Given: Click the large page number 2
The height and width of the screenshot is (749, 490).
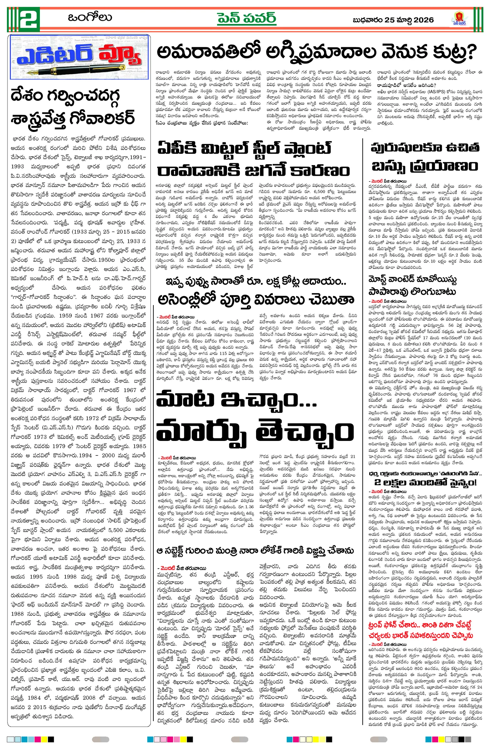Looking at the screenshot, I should click(29, 19).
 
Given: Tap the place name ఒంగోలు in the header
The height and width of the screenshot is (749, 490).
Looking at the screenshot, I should click(90, 17).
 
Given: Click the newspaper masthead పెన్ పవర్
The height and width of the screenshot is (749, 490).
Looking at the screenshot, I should click(247, 18).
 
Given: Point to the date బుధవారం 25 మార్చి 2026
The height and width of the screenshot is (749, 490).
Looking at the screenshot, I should click(393, 20).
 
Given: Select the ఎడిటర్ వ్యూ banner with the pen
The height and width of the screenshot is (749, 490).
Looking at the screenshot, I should click(79, 57).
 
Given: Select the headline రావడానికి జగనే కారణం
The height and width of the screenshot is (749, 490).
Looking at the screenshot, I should click(253, 171).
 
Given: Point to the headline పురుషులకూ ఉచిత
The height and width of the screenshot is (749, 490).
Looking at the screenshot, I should click(425, 148).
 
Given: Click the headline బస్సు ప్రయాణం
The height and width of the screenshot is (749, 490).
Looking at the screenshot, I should click(425, 166).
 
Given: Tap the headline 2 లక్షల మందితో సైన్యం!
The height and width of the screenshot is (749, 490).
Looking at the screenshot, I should click(425, 482).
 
